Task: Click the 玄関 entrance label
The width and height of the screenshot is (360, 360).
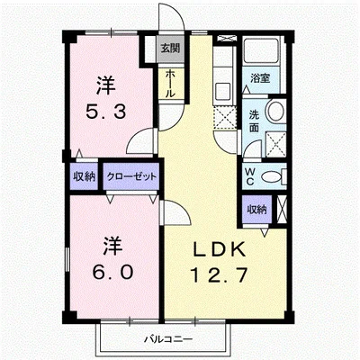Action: (x=169, y=49)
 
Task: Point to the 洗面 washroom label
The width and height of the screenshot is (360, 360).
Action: (x=254, y=121)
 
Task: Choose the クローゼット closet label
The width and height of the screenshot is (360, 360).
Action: (x=130, y=175)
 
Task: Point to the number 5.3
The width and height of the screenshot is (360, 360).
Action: (x=104, y=116)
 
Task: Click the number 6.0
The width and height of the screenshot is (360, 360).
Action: (x=110, y=271)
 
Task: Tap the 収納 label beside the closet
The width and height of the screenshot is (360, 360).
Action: (x=85, y=175)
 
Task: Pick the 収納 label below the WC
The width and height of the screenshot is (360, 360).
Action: (x=256, y=209)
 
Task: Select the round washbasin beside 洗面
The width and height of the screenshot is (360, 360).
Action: (x=277, y=112)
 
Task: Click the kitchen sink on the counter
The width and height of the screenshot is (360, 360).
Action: (x=222, y=90)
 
